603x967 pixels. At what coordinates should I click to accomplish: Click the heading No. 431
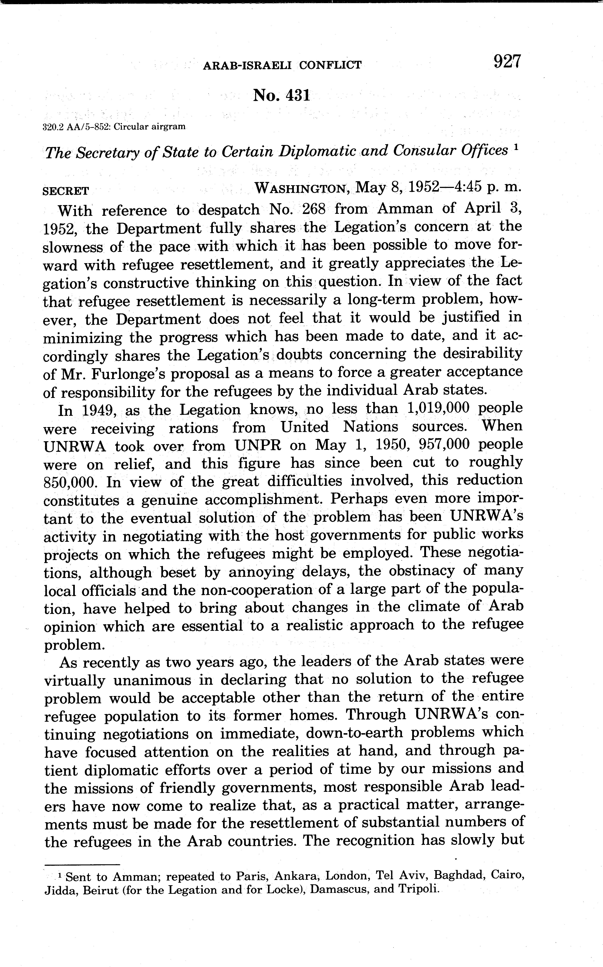pyautogui.click(x=281, y=96)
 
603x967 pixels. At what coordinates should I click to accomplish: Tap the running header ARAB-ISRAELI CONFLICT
pyautogui.click(x=282, y=65)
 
